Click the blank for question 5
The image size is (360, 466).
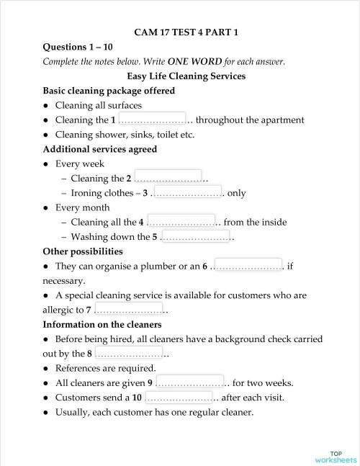coord(195,236)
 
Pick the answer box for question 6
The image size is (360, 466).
coord(248,266)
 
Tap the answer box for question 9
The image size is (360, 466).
coord(189,382)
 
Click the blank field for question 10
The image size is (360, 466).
coord(180,397)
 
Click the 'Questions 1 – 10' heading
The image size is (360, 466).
coord(76,47)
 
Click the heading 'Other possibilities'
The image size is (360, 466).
coord(83,251)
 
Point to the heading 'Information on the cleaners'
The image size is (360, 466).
coord(104,324)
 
